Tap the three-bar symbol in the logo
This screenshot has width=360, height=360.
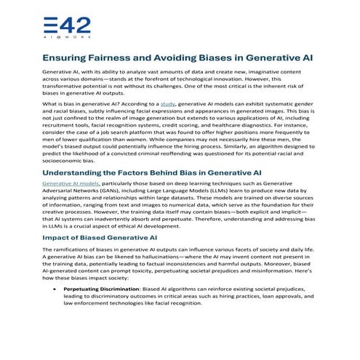(49, 23)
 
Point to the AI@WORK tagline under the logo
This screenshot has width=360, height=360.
(61, 36)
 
